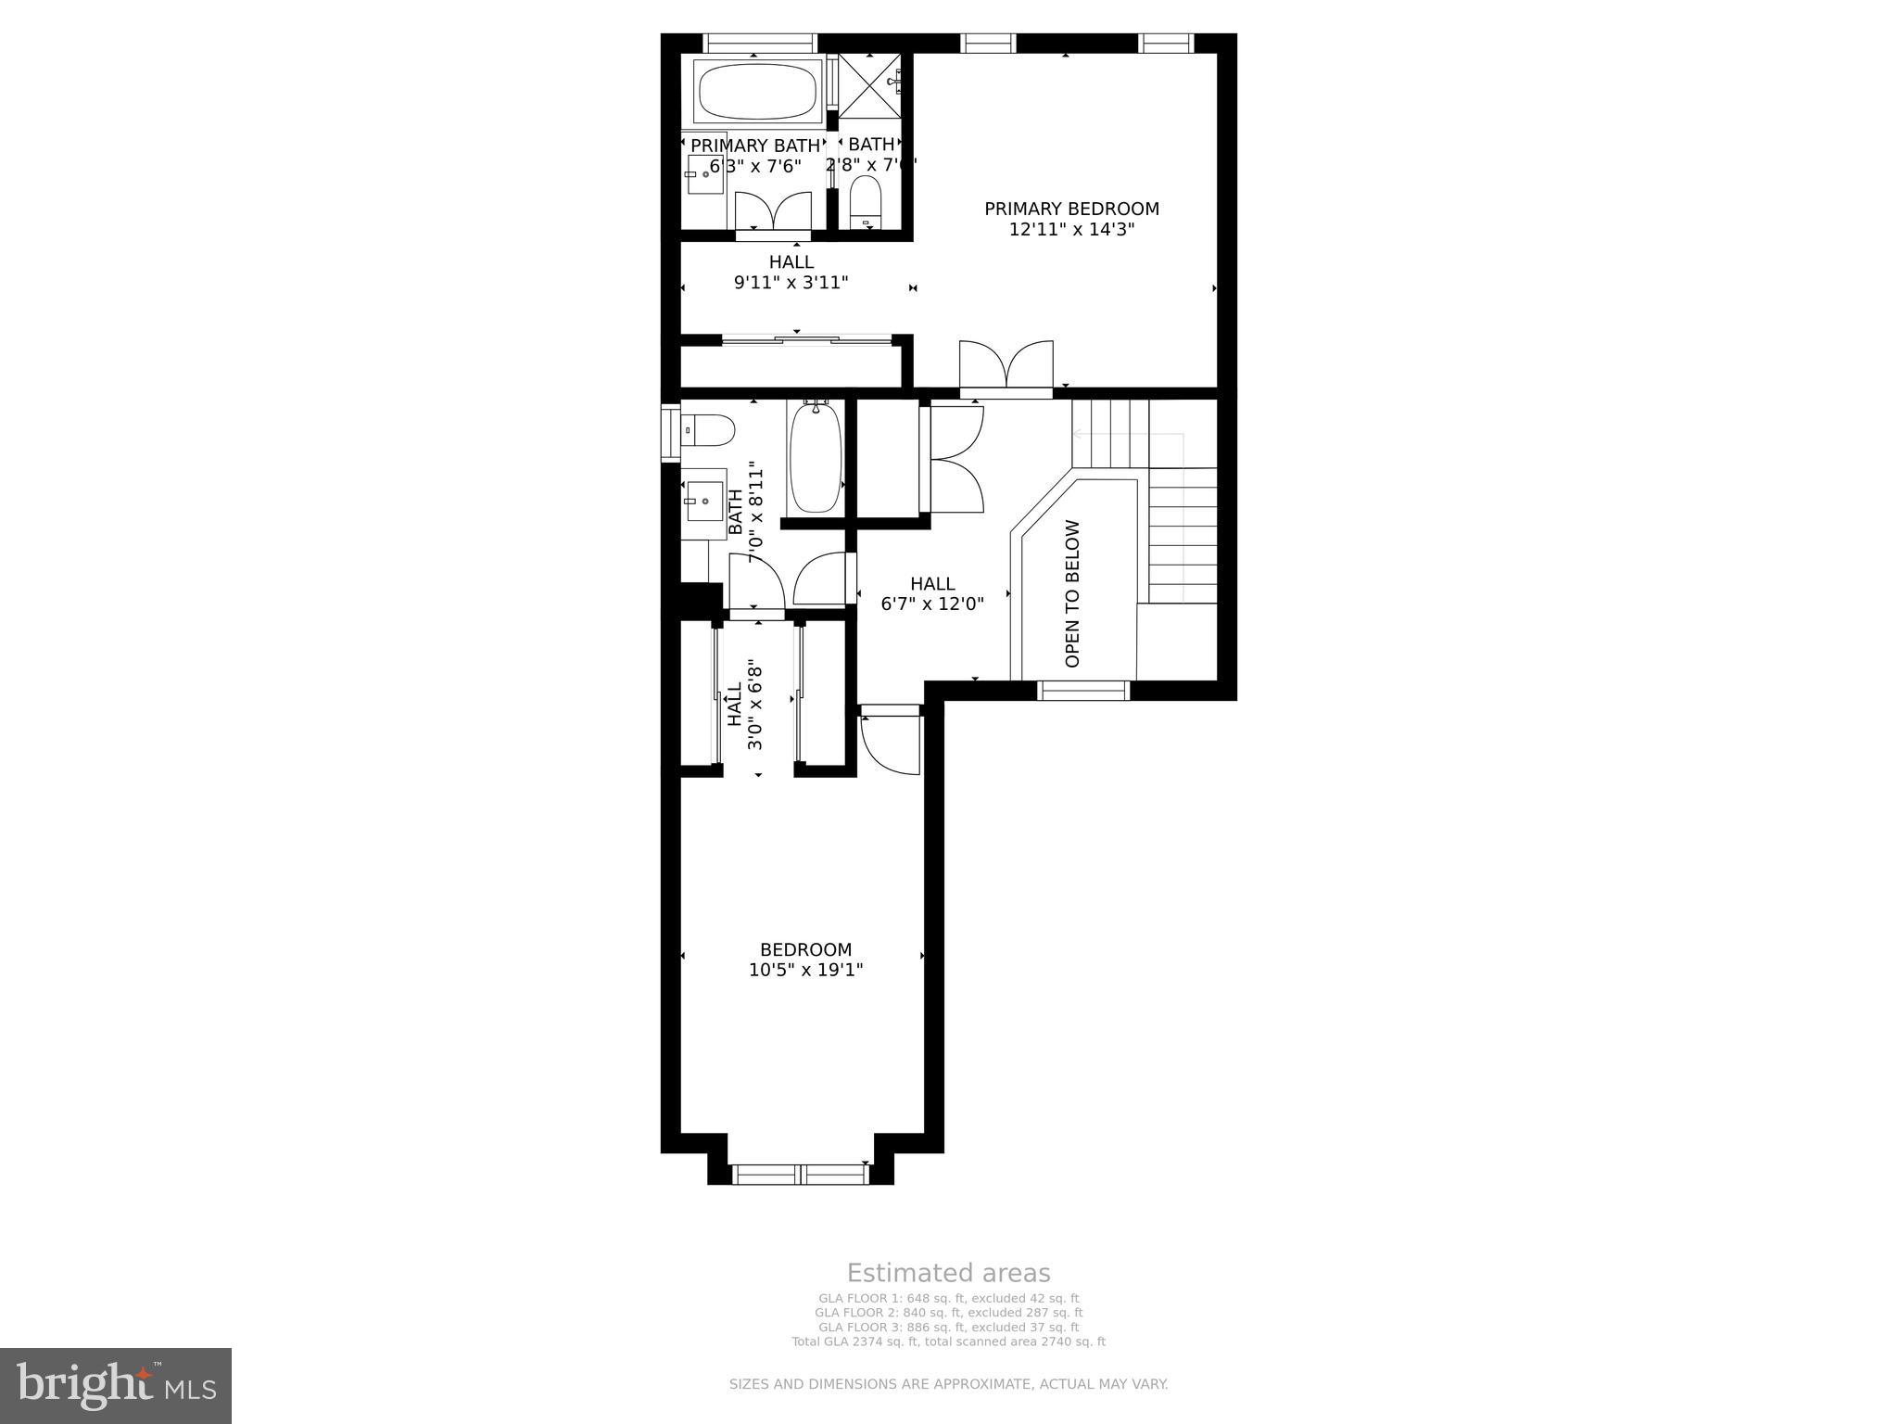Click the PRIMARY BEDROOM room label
[1071, 209]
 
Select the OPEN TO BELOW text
[1072, 593]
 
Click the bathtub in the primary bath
[757, 90]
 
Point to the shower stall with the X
[868, 84]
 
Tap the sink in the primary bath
[704, 174]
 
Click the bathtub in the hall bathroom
[816, 456]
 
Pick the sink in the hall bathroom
[704, 502]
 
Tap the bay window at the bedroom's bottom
[801, 1174]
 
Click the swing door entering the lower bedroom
[890, 742]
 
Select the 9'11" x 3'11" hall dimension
[791, 282]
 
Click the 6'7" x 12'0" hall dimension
[932, 604]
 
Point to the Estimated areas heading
[948, 1273]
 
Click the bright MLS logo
[116, 1385]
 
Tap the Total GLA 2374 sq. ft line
[948, 1341]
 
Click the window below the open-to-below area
[1083, 690]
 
